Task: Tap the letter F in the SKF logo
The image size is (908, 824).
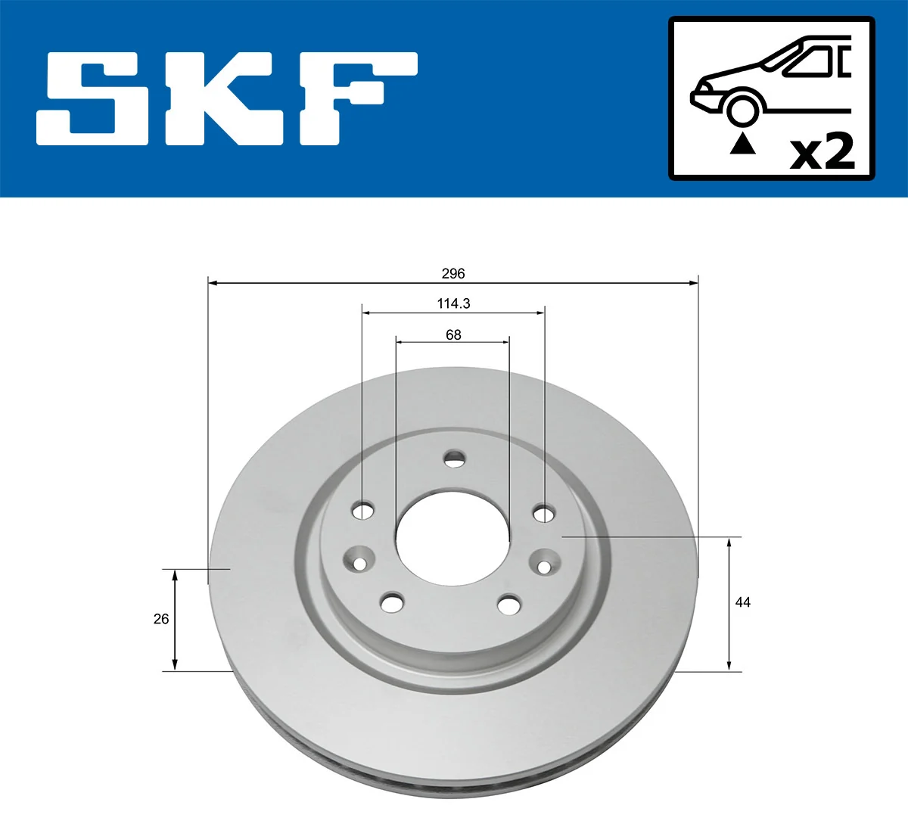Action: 356,98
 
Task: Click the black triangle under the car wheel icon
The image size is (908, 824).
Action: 742,143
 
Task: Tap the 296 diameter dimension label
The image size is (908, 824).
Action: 452,273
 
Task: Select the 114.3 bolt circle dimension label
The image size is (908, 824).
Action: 452,303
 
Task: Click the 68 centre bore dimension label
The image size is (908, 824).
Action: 452,334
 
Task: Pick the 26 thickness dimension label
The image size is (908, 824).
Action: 161,619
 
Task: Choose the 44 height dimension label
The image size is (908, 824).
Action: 742,602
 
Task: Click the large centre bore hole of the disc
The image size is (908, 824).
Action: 452,536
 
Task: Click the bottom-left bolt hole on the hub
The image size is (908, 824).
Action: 391,603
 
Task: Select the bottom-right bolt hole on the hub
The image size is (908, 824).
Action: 509,605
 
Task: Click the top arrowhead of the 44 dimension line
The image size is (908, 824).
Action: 729,543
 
